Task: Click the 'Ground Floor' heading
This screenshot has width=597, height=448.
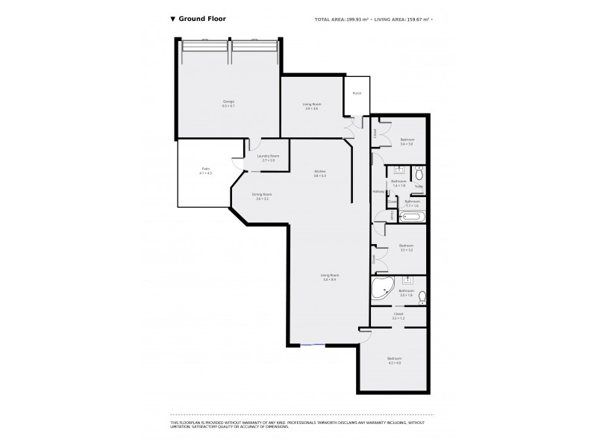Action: pyautogui.click(x=201, y=19)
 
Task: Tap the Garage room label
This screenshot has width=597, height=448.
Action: pyautogui.click(x=228, y=104)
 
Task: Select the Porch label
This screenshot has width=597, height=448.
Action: pyautogui.click(x=357, y=93)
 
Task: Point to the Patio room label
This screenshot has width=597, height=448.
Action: pyautogui.click(x=206, y=171)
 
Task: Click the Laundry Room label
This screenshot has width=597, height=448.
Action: pyautogui.click(x=267, y=158)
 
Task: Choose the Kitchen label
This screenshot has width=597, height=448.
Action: pyautogui.click(x=319, y=173)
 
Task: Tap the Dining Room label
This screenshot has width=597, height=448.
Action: pyautogui.click(x=262, y=196)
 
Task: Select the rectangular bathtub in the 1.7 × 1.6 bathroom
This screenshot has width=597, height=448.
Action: pyautogui.click(x=412, y=217)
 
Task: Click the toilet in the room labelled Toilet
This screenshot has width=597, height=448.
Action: pyautogui.click(x=419, y=175)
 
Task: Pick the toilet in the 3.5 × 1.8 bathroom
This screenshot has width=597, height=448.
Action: pyautogui.click(x=422, y=296)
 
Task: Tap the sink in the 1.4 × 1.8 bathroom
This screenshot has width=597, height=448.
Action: pyautogui.click(x=398, y=170)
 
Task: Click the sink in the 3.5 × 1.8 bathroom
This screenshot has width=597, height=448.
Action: pyautogui.click(x=407, y=281)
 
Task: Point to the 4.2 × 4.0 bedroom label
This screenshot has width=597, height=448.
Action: pyautogui.click(x=394, y=360)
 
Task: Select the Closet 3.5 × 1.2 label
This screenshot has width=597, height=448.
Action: pyautogui.click(x=398, y=316)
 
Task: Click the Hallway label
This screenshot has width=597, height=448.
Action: pyautogui.click(x=378, y=192)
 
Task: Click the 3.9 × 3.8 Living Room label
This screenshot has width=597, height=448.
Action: pyautogui.click(x=311, y=107)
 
